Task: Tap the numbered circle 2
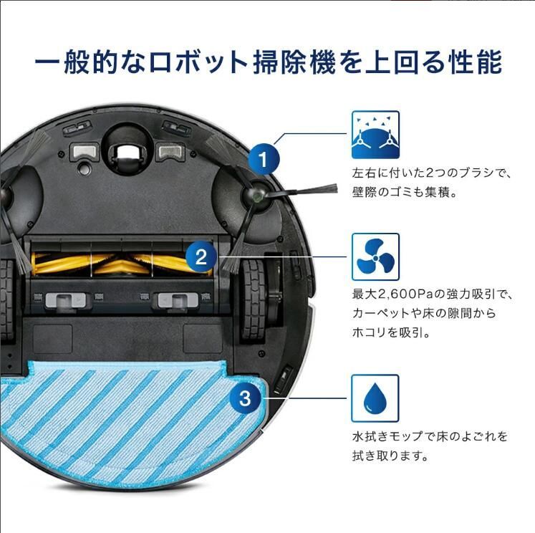pyautogui.click(x=201, y=256)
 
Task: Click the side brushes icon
pyautogui.click(x=375, y=134)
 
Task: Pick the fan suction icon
pyautogui.click(x=375, y=256)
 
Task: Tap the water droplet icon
pyautogui.click(x=375, y=398)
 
